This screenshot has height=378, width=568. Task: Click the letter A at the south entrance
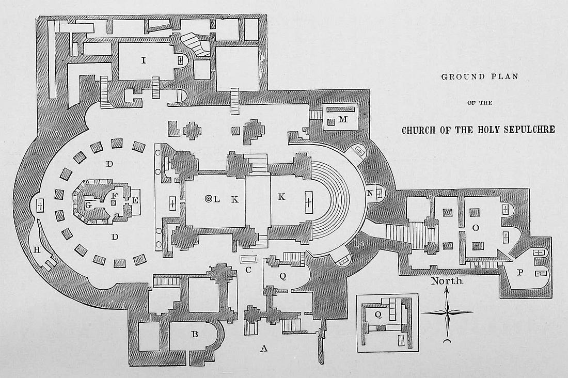tap(264, 349)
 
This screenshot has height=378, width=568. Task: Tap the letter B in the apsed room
tap(195, 334)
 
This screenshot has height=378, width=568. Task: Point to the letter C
tap(248, 269)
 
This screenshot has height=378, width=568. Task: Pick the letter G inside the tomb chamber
tap(89, 204)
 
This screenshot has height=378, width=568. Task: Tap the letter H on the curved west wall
tap(37, 250)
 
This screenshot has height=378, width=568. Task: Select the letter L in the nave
tap(217, 199)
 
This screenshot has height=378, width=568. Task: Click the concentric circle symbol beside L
tap(208, 199)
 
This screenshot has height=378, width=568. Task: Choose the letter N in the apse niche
tap(370, 193)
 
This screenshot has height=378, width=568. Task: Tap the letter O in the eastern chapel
tap(476, 228)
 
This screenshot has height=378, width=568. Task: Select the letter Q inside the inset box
tap(378, 313)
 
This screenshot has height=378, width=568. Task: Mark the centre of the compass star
tap(447, 312)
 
